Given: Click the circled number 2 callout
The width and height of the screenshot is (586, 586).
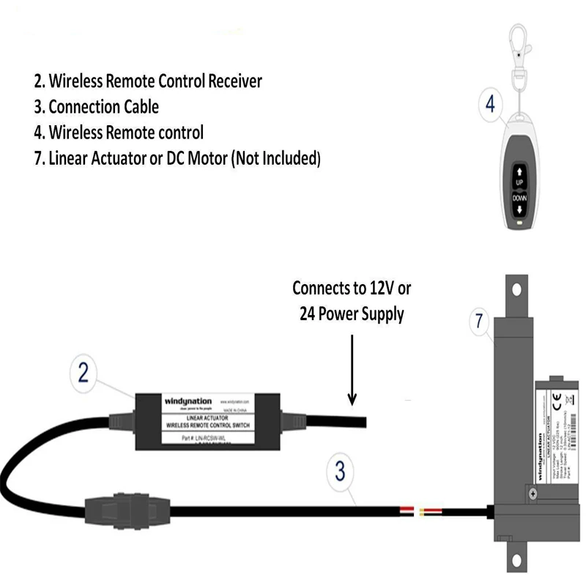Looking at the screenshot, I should coord(83,374).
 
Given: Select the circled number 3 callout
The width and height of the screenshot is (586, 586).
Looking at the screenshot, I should coord(339,471).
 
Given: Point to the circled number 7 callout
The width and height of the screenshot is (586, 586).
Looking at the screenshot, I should coord(479,320).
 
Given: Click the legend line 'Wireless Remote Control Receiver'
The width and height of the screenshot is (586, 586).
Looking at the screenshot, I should coord(148,81).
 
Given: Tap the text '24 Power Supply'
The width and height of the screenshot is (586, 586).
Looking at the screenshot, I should coord(352,314).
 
